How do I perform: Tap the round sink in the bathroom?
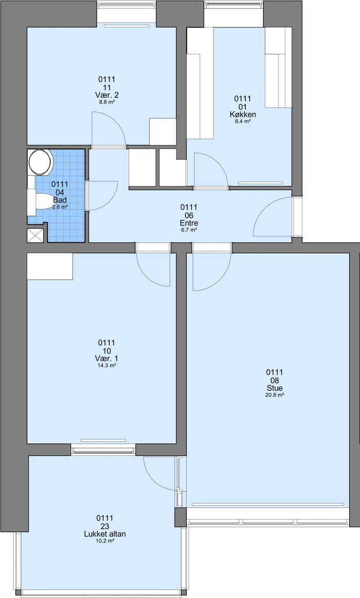tap(40, 162)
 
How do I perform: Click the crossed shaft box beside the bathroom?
tap(35, 236)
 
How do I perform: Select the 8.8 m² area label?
tap(107, 102)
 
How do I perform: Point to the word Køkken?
tap(243, 114)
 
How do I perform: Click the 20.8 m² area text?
tap(274, 395)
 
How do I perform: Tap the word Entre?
tap(189, 223)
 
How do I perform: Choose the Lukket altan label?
tap(105, 534)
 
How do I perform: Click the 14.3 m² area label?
tap(107, 366)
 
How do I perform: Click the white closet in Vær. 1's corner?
tap(50, 267)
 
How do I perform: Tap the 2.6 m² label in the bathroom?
tap(60, 207)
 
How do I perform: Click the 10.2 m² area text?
tap(105, 541)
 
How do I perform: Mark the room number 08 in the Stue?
tap(274, 380)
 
